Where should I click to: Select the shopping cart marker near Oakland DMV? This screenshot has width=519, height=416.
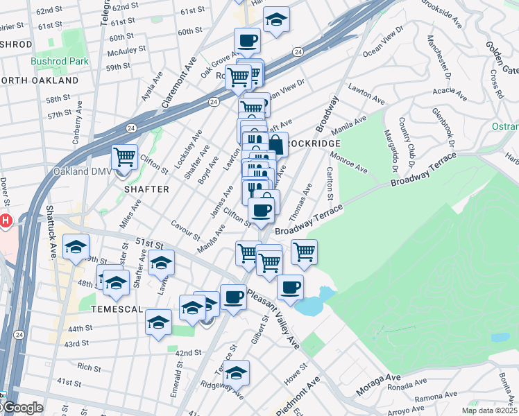point(124,157)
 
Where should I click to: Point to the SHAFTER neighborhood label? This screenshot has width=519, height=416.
point(146,189)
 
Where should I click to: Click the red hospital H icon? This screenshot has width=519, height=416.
point(6,221)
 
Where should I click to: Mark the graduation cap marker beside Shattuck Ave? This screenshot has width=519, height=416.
point(76,247)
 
